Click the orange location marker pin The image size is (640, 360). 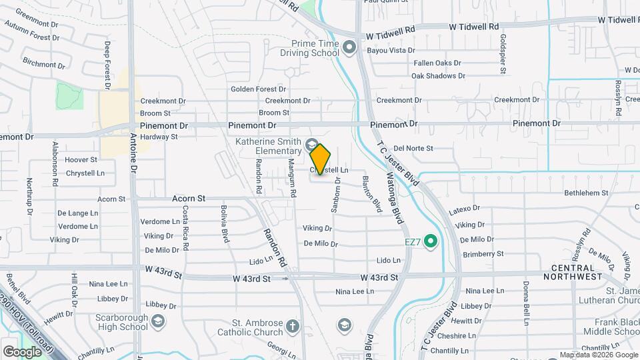point(320,159)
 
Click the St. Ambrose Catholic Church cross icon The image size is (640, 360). point(292,326)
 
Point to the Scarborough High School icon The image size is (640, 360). point(157,323)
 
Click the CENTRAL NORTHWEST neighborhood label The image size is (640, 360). point(577,271)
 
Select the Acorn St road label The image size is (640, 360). point(188,199)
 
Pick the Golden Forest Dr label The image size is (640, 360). point(258,89)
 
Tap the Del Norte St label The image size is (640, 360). point(413,148)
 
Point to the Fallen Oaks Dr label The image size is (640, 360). point(437,63)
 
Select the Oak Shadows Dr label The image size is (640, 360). point(438,76)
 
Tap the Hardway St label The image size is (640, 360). point(159,137)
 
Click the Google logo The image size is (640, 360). point(21,351)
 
